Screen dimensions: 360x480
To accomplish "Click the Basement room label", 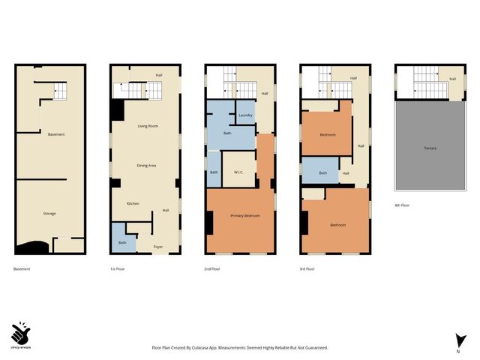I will (55, 134).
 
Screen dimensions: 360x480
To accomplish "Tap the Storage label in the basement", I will (49, 214).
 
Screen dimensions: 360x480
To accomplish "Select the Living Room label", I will (147, 126).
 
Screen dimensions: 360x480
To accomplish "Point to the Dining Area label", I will (146, 165).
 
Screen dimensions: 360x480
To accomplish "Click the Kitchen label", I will (133, 204).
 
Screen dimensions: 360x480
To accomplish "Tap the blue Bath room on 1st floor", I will (121, 239).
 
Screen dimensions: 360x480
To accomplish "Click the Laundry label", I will (244, 115).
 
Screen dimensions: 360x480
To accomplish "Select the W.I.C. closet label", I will (239, 172).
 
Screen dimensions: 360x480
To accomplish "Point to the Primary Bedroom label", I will (245, 216).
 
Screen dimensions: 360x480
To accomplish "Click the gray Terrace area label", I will (430, 148).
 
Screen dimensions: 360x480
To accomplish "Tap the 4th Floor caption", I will (402, 205).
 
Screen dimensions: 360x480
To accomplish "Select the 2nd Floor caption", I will (212, 268).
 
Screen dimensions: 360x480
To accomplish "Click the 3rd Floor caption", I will (307, 268).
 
